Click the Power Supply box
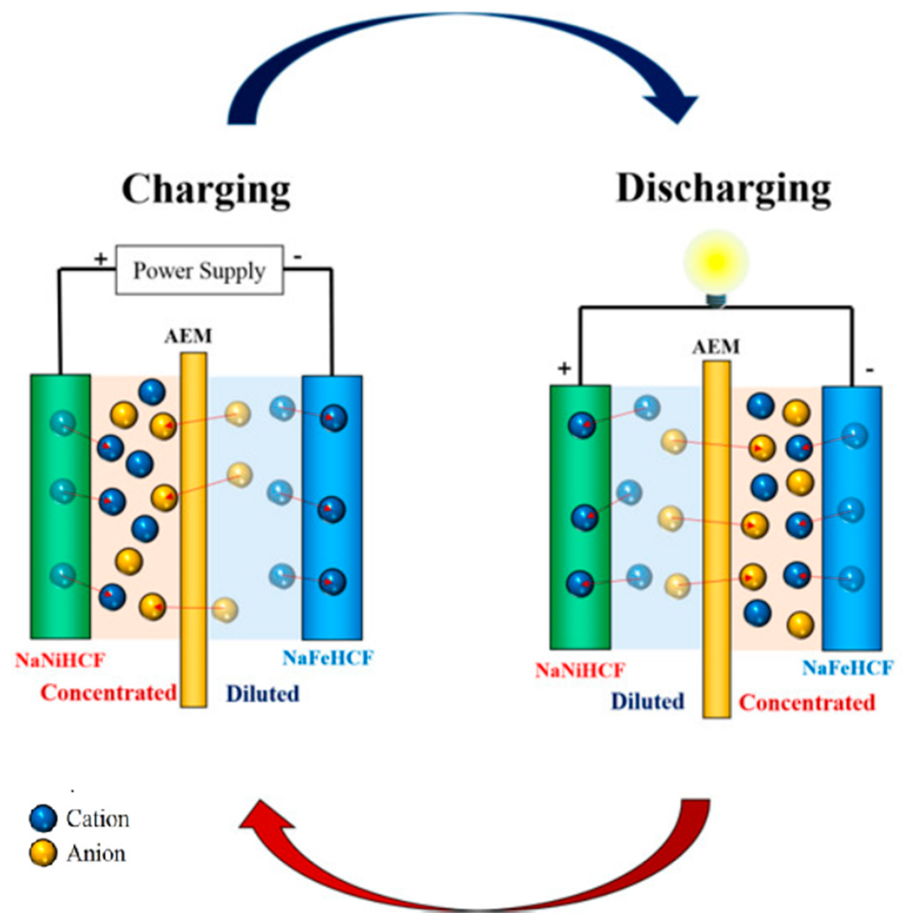(x=200, y=270)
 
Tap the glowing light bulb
(x=716, y=263)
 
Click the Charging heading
(x=206, y=190)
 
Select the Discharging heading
(x=723, y=190)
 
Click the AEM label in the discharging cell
(x=716, y=347)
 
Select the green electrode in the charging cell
(x=60, y=506)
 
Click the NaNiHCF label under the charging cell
(x=60, y=660)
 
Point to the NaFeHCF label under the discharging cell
(x=847, y=668)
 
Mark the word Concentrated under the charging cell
(x=109, y=693)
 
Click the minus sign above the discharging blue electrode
(x=869, y=370)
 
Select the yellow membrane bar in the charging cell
(x=193, y=530)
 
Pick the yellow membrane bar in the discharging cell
(x=716, y=539)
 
